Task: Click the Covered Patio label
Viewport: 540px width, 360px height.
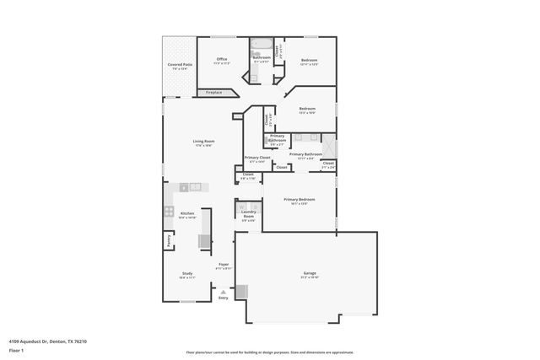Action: pyautogui.click(x=179, y=64)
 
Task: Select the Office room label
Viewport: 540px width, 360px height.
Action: pyautogui.click(x=222, y=59)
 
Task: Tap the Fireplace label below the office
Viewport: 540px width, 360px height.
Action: pyautogui.click(x=213, y=92)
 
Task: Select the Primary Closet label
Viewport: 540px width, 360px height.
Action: pyautogui.click(x=257, y=158)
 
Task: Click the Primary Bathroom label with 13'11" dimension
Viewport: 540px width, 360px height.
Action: pyautogui.click(x=305, y=154)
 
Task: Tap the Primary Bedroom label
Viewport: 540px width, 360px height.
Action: pyautogui.click(x=299, y=199)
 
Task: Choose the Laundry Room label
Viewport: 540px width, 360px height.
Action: pyautogui.click(x=249, y=217)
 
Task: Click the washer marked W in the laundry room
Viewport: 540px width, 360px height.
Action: pyautogui.click(x=242, y=206)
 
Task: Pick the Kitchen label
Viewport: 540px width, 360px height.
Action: pyautogui.click(x=187, y=214)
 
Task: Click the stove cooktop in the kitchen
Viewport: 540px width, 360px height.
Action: pyautogui.click(x=169, y=212)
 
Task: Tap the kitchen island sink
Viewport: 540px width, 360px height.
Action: pyautogui.click(x=195, y=186)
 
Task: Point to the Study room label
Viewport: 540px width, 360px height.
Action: pyautogui.click(x=187, y=274)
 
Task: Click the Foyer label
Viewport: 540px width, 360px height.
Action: pyautogui.click(x=224, y=265)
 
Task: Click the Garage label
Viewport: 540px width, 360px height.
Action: pyautogui.click(x=309, y=272)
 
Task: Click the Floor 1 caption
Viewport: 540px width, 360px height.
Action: pyautogui.click(x=17, y=350)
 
